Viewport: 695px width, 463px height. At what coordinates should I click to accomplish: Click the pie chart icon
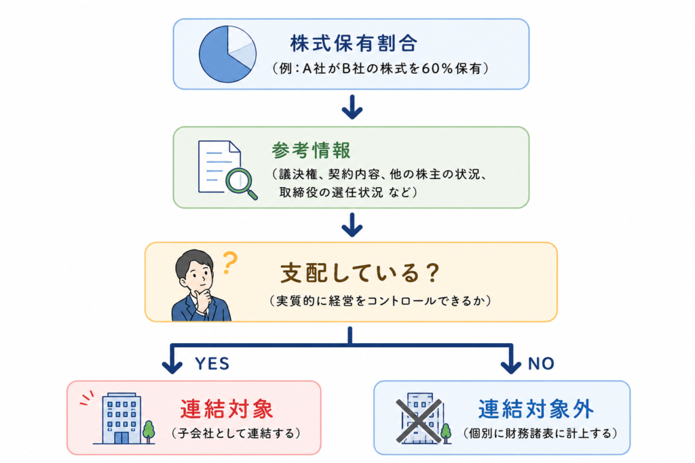point(227,54)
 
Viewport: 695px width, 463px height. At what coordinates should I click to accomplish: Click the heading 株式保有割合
point(354,43)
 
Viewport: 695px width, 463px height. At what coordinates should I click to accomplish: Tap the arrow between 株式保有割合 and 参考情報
point(352,106)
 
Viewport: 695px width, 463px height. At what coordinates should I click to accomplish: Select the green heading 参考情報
point(311,150)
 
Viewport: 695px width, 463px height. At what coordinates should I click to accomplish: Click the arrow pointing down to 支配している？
point(352,225)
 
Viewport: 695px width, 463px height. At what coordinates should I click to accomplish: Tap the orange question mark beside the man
point(229,263)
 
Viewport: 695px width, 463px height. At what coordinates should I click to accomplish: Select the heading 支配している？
point(360,273)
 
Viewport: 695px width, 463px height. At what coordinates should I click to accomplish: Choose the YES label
point(212,364)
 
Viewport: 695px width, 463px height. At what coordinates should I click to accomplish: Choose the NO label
point(541,364)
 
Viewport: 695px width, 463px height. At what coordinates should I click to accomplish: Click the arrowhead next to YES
point(172,367)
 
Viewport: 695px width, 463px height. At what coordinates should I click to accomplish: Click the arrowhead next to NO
point(510,367)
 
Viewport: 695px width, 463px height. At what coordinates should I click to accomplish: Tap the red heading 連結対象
point(227,409)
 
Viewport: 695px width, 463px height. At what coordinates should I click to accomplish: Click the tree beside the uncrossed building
point(149,432)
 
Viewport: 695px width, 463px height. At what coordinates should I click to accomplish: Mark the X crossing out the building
point(419,421)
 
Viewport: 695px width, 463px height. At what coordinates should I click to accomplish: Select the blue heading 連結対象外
point(536,409)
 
